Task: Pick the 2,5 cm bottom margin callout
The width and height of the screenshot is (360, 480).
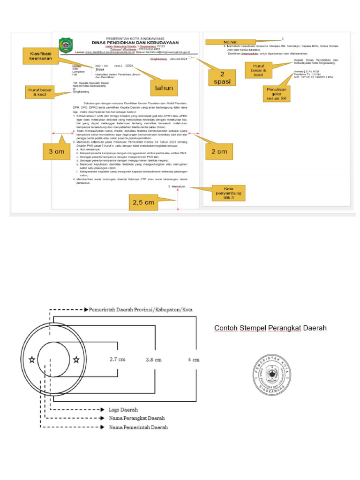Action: (142, 202)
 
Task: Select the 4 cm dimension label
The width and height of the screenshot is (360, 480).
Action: (194, 360)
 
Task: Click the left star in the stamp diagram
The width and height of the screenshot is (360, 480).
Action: (31, 360)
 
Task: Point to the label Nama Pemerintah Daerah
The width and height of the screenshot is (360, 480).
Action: (138, 427)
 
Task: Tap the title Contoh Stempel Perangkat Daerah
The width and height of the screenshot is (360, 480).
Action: (270, 328)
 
